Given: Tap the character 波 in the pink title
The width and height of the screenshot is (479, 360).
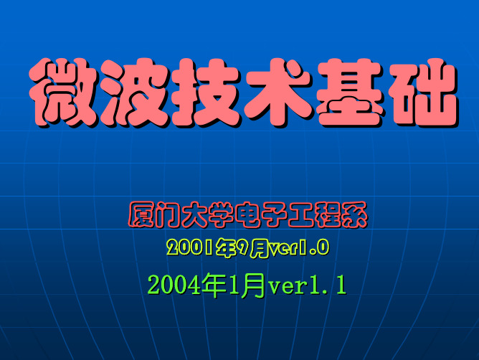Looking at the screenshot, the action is tap(134, 93).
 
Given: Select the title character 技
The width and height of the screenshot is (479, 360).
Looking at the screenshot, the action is tap(206, 93).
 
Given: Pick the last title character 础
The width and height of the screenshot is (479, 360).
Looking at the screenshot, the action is tap(423, 93).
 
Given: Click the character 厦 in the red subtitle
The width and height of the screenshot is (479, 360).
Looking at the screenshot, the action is tap(141, 214).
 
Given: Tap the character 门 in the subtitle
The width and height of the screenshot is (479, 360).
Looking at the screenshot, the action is tap(168, 214).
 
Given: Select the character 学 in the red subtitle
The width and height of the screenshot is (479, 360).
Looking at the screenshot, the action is tap(222, 214).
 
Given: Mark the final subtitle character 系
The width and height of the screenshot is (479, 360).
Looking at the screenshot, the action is tap(354, 214).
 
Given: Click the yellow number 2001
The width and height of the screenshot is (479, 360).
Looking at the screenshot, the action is tap(190, 247).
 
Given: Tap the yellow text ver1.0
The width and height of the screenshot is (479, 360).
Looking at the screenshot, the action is tap(298, 247).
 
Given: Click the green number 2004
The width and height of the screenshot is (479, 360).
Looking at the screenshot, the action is tap(174, 285).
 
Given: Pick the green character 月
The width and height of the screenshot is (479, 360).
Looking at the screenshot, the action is tap(252, 285).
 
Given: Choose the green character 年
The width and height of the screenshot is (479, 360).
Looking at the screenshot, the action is tap(214, 285).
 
